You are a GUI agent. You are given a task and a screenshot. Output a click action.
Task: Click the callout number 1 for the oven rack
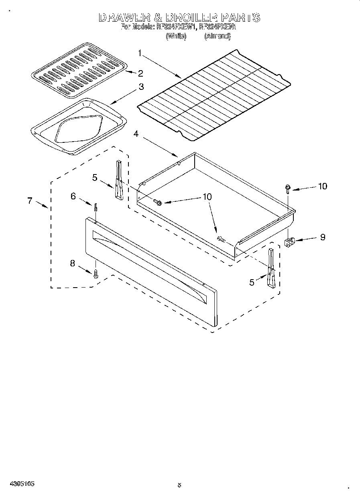pos(140,53)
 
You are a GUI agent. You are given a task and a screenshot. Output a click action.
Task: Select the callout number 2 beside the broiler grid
pos(140,73)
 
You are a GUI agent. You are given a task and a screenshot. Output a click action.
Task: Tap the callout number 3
pos(141,86)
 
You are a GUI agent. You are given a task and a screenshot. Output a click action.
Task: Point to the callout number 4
pos(136,134)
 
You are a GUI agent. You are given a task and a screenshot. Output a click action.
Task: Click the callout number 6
pos(73,196)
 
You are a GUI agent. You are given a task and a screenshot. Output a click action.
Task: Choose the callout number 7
pos(30,201)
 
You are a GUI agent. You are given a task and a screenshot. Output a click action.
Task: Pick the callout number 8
pos(73,263)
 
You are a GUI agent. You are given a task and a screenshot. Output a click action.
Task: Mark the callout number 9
pos(322,237)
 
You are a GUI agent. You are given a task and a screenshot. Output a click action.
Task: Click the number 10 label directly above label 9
pos(322,186)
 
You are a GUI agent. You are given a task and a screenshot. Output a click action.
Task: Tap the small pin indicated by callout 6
pos(96,207)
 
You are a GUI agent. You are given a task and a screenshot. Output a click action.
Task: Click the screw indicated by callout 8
pos(96,274)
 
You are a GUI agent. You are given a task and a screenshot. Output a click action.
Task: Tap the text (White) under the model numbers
pos(176,36)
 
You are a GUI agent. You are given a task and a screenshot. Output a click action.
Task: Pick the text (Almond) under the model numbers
pos(217,36)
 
